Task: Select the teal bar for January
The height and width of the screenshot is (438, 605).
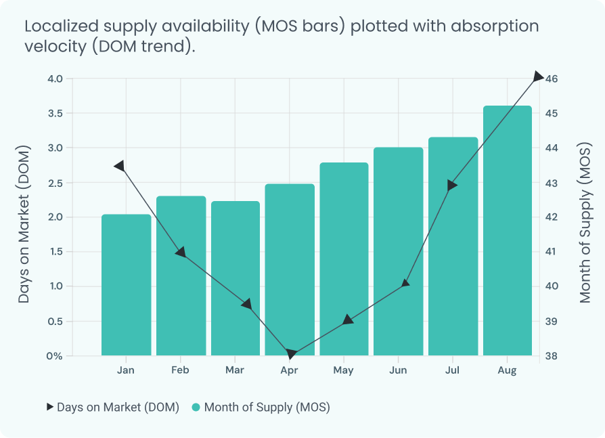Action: coord(126,285)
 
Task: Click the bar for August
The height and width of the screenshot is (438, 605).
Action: coord(508,230)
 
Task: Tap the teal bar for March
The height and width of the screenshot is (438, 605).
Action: coord(236,278)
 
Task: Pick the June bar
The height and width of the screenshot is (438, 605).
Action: coord(398,251)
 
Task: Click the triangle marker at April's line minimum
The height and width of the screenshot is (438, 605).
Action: coord(291,353)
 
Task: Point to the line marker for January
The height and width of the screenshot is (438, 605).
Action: coord(120,167)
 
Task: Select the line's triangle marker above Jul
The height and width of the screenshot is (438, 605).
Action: coord(452,185)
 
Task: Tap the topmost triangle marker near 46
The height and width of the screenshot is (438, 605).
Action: coord(538,76)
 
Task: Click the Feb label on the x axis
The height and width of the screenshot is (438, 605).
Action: coord(180,370)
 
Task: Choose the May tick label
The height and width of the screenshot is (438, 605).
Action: coord(343,370)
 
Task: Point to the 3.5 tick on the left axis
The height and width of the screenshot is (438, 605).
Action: coord(55,114)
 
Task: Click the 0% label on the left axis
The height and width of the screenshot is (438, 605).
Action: coord(54,356)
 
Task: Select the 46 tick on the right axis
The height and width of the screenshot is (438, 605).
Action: coord(552,79)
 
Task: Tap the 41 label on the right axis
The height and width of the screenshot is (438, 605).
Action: coord(552,252)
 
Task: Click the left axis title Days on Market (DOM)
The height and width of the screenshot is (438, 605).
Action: coord(24,224)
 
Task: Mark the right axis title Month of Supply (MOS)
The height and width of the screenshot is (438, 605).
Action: coord(585,223)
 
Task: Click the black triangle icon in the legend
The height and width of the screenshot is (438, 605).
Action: coord(50,407)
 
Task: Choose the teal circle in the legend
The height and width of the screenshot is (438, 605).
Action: coord(196,407)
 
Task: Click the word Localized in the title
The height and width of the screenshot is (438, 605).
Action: coord(62,26)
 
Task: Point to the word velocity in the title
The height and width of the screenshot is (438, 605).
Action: coord(55,47)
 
